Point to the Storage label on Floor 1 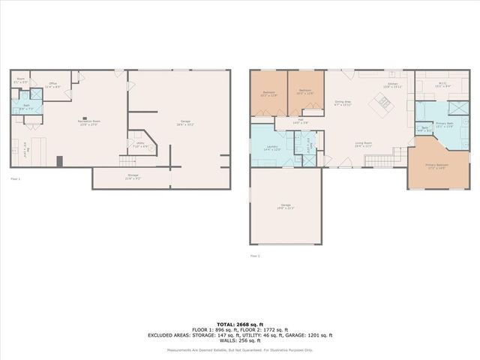(x=132, y=177)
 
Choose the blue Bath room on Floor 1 (x=26, y=109)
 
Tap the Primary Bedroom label (x=436, y=166)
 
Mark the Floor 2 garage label (x=286, y=206)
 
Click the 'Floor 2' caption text (x=255, y=256)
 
